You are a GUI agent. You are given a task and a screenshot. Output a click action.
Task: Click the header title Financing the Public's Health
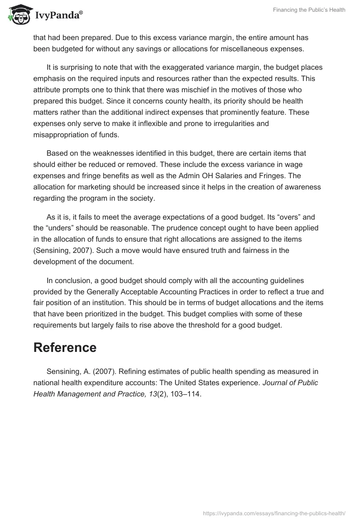(x=309, y=10)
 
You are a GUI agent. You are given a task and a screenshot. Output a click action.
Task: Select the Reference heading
(x=65, y=347)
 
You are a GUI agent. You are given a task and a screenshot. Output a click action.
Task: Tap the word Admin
(x=227, y=175)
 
